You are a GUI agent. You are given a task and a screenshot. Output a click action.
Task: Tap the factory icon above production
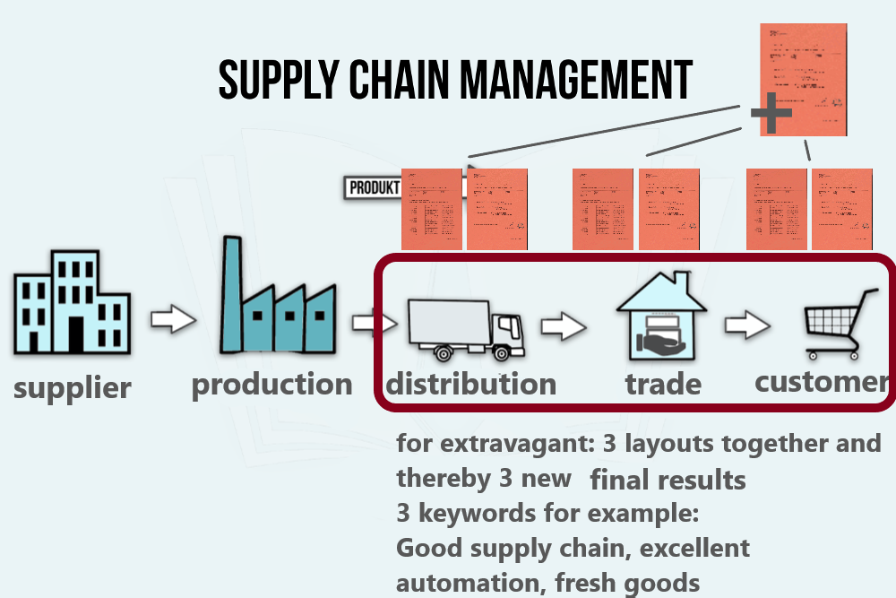point(278,300)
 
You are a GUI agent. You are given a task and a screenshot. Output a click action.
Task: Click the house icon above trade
point(661,317)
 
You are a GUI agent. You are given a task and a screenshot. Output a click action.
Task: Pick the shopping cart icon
point(838,323)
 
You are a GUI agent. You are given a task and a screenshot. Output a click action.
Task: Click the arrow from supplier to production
point(173,319)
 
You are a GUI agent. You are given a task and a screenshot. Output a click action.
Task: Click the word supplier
point(72,388)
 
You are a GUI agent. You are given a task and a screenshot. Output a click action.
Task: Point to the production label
point(271,385)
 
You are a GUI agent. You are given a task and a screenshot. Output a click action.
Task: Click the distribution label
point(471,385)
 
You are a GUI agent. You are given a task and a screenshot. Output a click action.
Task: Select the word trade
point(663,385)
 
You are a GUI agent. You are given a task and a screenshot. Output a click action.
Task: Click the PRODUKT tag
point(373,187)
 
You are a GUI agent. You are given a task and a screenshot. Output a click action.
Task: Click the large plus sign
point(771,114)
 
